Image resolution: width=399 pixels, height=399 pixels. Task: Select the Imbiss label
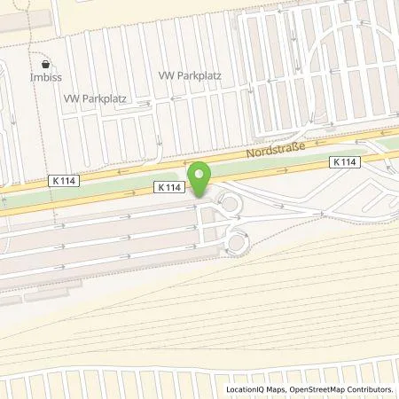(x=47, y=76)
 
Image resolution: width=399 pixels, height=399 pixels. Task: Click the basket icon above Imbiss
(x=47, y=64)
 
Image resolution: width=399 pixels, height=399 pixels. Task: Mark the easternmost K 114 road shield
(x=346, y=162)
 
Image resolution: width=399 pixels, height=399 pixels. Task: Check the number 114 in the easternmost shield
(x=350, y=162)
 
